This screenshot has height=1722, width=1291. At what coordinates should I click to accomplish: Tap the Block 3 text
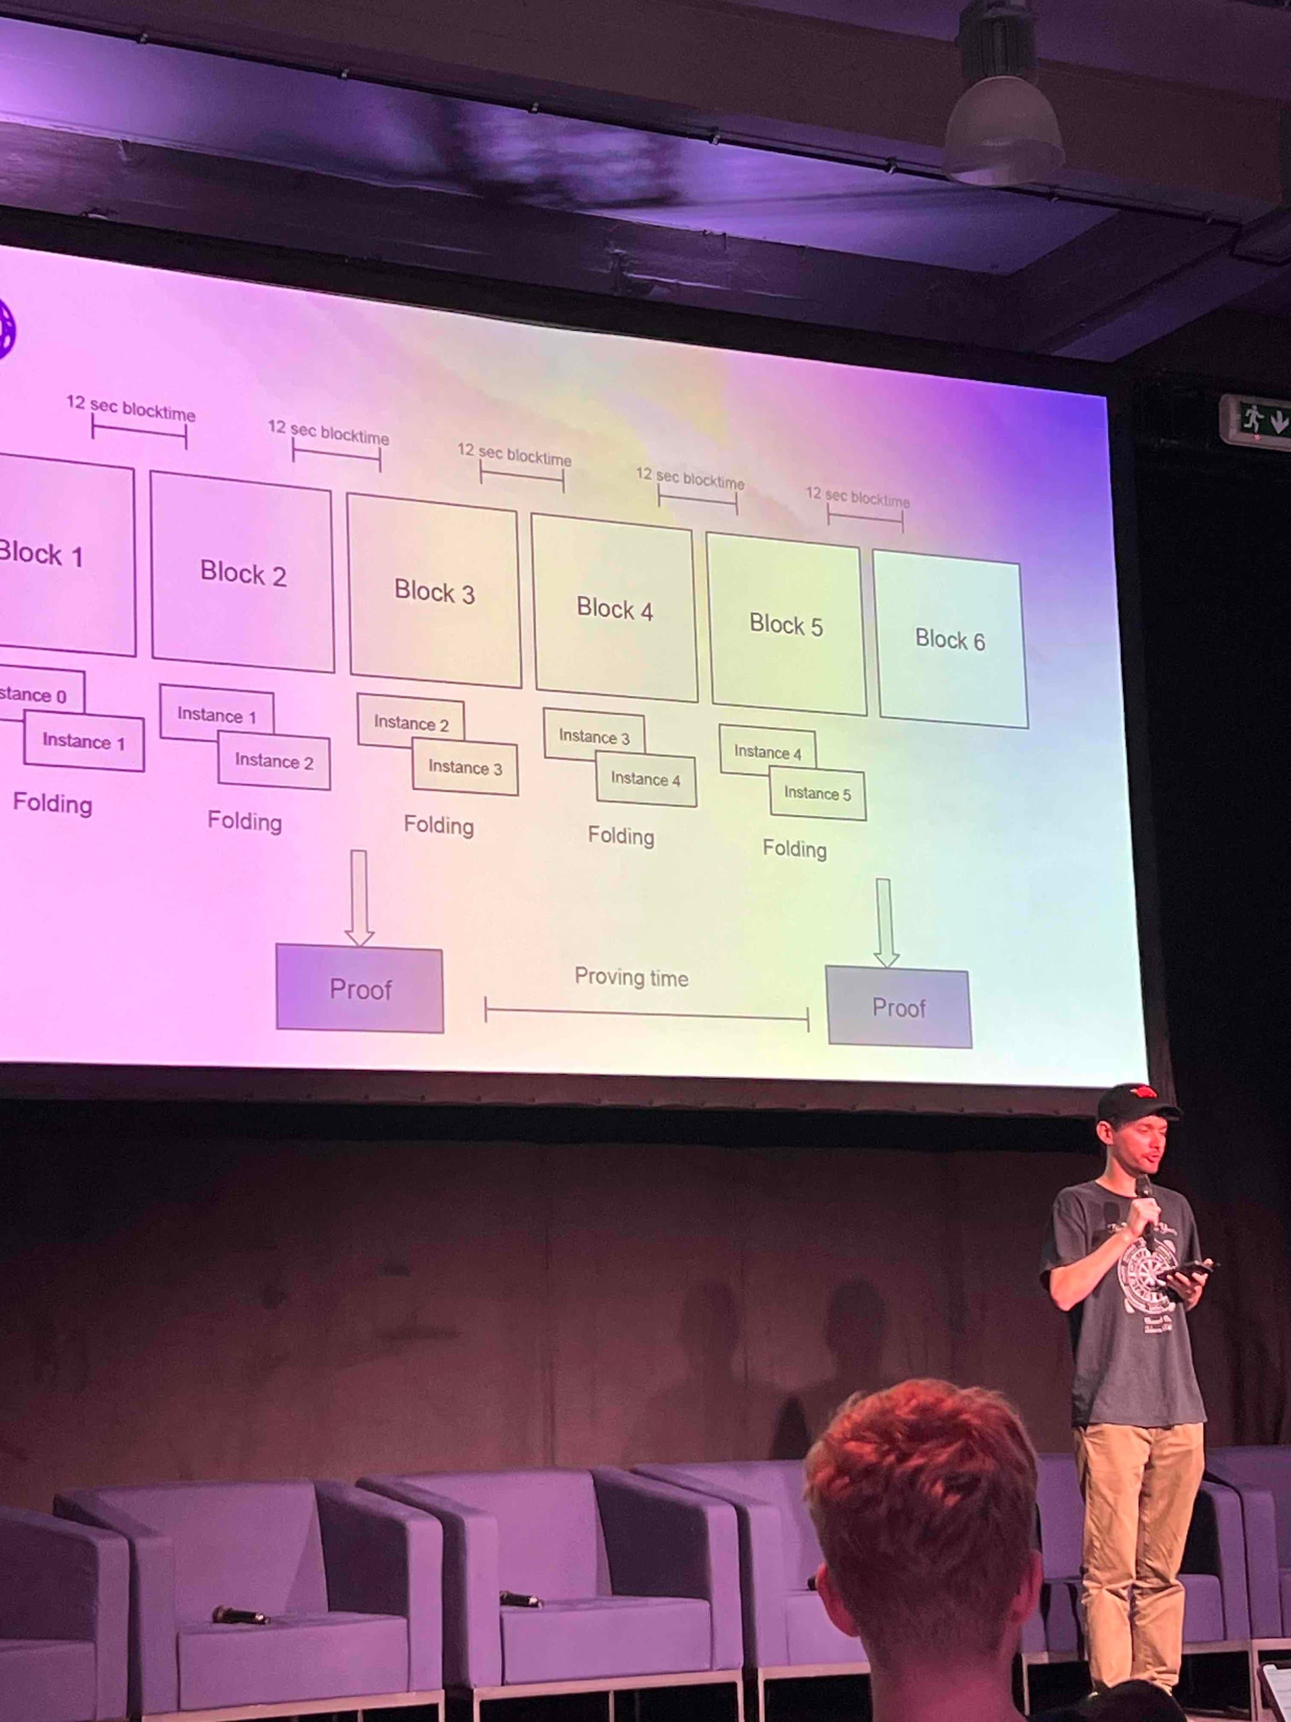pyautogui.click(x=434, y=592)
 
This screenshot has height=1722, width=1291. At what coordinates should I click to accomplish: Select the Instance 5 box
pyautogui.click(x=818, y=794)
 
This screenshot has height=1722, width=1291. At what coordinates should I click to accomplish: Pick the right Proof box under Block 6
pyautogui.click(x=899, y=1008)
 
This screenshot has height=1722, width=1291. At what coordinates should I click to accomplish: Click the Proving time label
pyautogui.click(x=631, y=978)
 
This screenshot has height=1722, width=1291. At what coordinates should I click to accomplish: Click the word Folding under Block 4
pyautogui.click(x=621, y=836)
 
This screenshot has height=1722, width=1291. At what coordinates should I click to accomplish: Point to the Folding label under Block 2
pyautogui.click(x=244, y=821)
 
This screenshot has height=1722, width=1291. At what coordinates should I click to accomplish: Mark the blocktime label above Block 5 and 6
pyautogui.click(x=857, y=496)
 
